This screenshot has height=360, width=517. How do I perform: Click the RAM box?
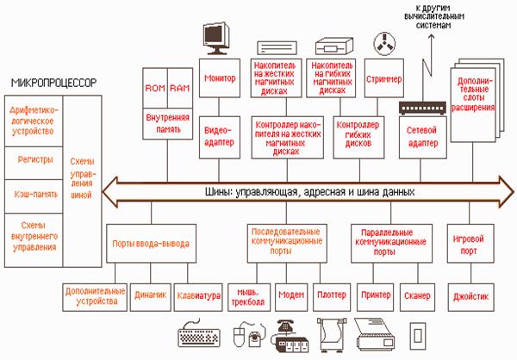click(x=178, y=88)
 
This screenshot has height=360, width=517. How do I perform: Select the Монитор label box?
click(x=219, y=77)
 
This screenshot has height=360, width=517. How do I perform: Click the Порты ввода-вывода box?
click(x=152, y=243)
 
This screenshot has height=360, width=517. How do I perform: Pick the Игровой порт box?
click(x=470, y=243)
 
